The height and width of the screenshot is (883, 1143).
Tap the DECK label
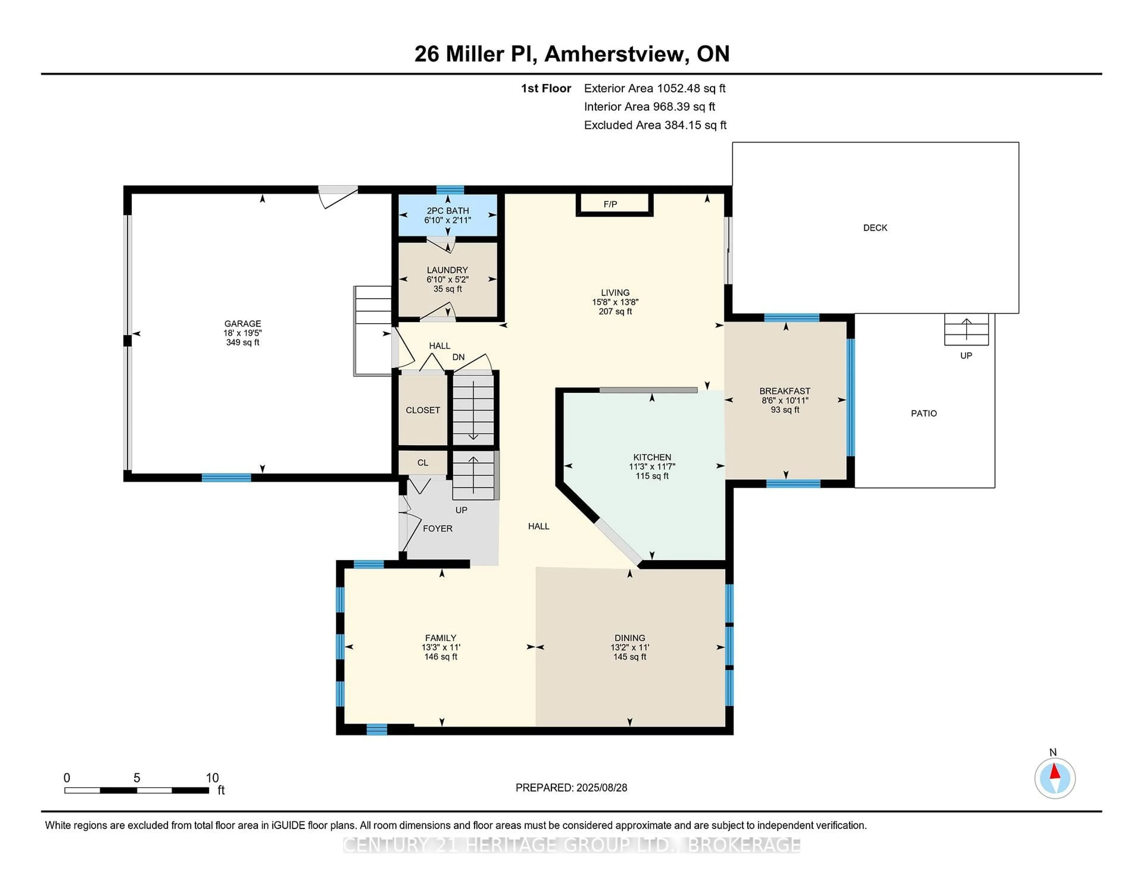pos(875,228)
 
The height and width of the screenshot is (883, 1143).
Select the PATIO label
pos(924,413)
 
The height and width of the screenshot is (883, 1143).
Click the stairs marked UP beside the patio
pos(966,330)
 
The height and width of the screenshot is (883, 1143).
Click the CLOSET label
pos(423,410)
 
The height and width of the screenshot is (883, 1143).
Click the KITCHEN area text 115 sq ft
pos(652,476)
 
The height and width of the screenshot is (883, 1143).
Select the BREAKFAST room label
pos(785,391)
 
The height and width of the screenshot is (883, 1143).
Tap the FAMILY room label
pos(441,638)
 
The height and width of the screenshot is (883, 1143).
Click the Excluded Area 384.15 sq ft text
pos(655,125)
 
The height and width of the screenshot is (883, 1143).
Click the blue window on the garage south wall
pos(226,477)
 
